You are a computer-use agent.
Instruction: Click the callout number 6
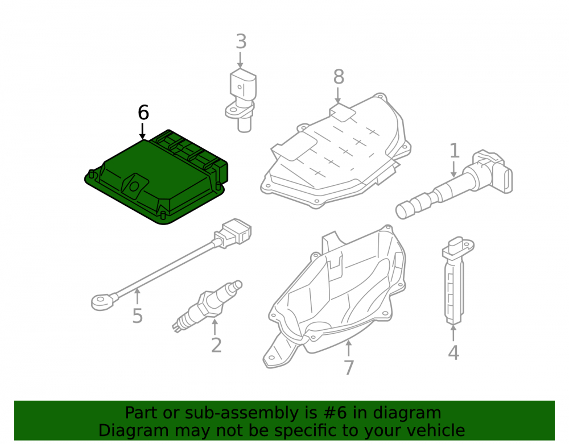(143, 113)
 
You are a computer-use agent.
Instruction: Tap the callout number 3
(241, 42)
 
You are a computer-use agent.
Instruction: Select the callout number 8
(339, 77)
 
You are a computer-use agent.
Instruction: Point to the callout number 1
(454, 151)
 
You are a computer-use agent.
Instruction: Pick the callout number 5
(137, 316)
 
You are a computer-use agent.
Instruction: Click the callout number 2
(216, 345)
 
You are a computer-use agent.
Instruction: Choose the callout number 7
(349, 367)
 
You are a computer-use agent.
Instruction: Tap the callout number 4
(453, 352)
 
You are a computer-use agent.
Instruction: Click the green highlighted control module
(156, 177)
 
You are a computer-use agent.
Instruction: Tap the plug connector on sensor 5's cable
(233, 233)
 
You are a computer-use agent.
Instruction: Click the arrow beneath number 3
(240, 60)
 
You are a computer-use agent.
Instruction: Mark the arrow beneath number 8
(338, 96)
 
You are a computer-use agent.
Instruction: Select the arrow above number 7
(348, 348)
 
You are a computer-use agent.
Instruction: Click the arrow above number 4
(453, 333)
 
